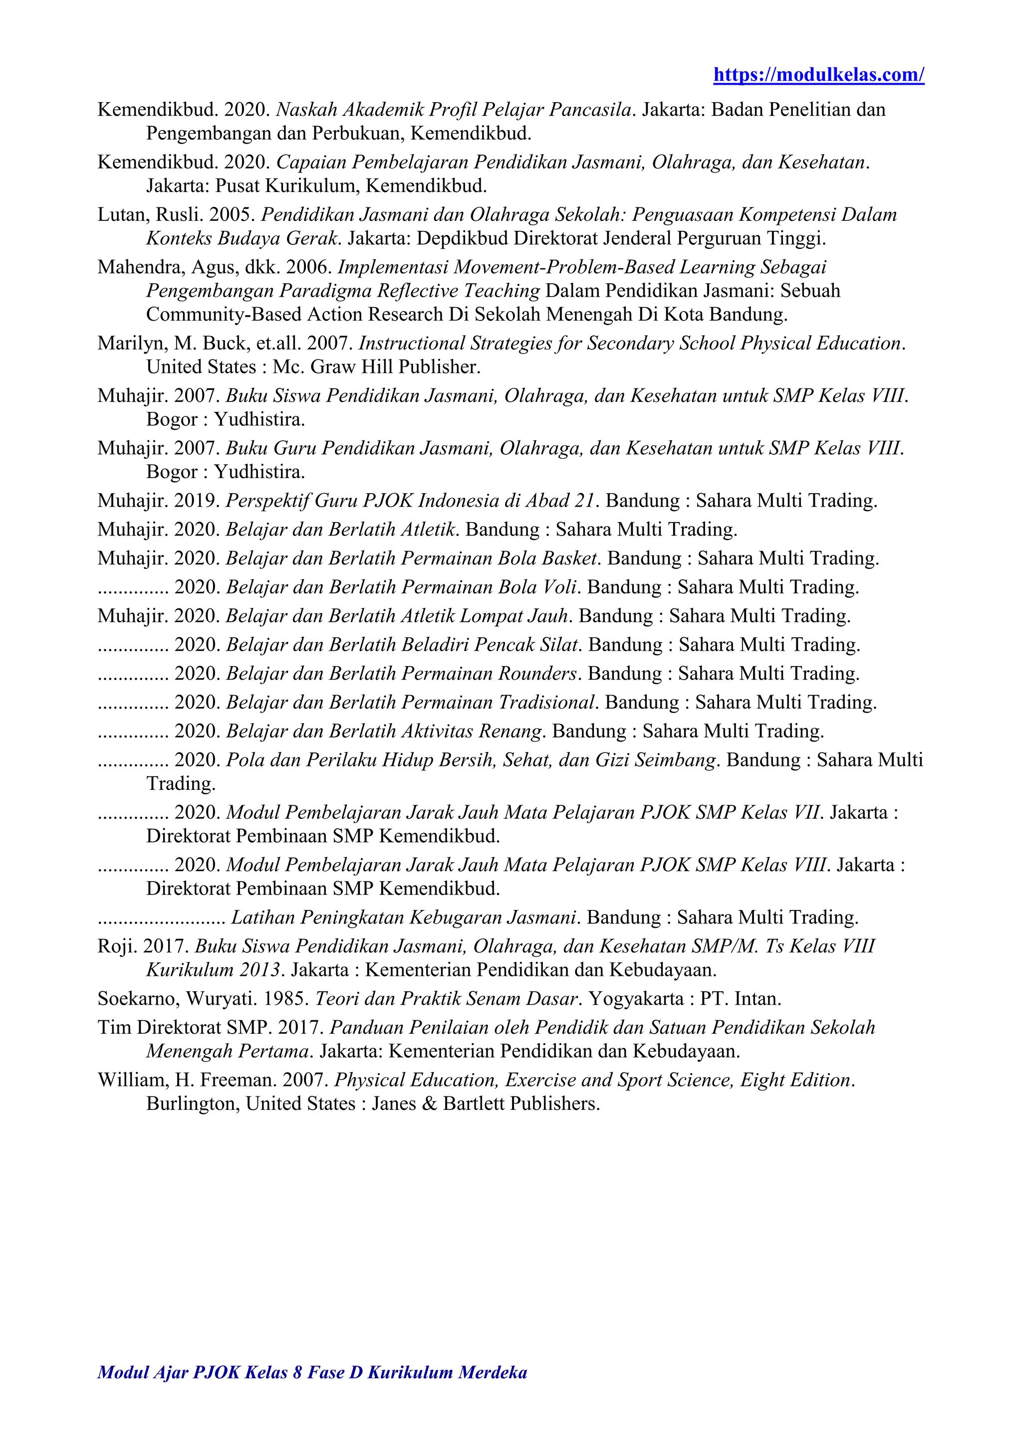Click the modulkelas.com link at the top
point(818,75)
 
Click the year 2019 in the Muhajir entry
point(196,501)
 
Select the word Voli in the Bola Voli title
point(558,587)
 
